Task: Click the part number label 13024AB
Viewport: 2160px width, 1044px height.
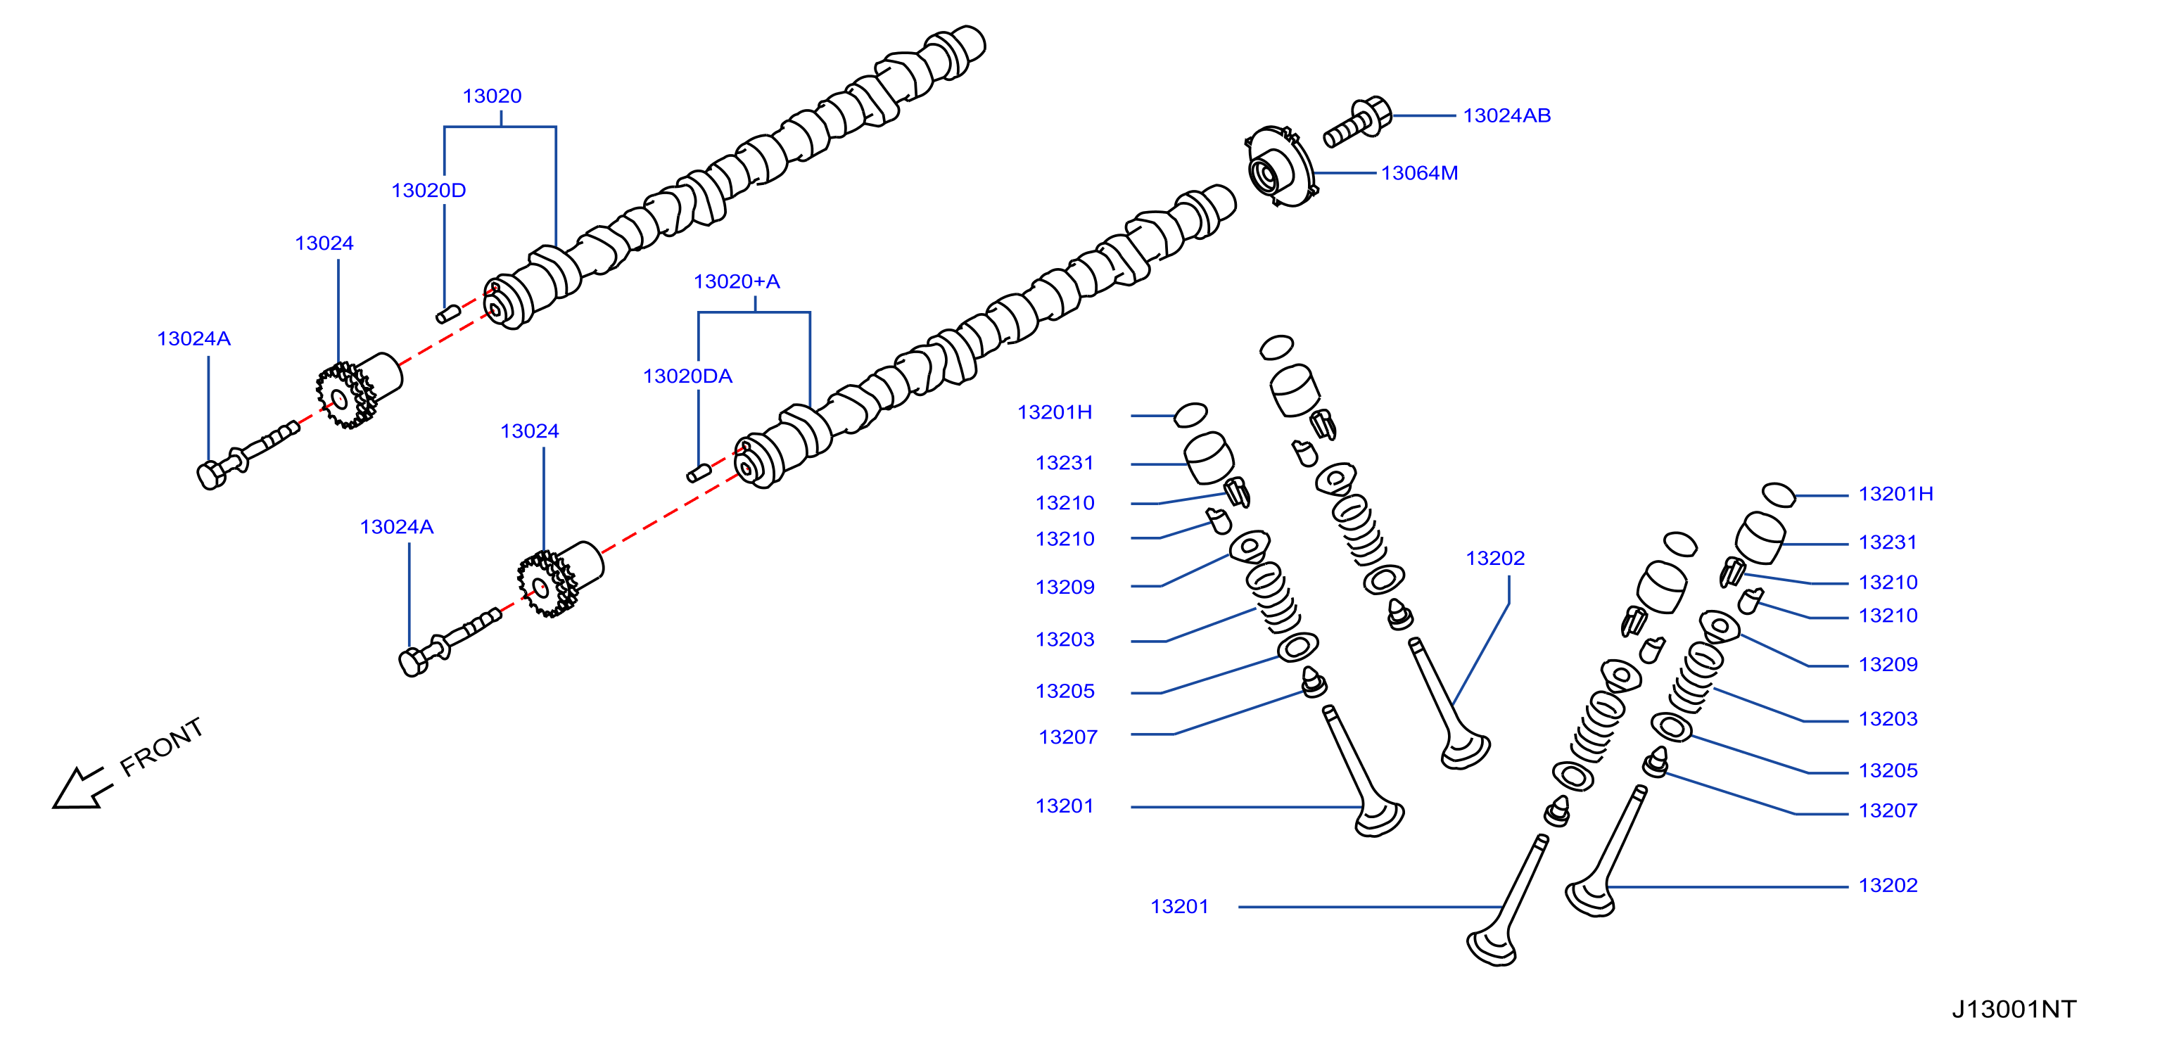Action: tap(1507, 115)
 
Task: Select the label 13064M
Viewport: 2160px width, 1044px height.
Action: tap(1420, 174)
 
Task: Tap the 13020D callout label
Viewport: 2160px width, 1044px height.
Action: tap(428, 191)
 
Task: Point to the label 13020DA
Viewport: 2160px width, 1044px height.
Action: tap(687, 376)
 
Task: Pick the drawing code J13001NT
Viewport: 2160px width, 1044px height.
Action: tap(2014, 1009)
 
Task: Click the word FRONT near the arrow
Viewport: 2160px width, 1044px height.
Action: tap(161, 746)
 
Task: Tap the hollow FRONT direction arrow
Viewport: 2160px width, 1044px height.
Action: tap(82, 788)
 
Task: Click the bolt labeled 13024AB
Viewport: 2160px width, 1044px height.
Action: tap(1357, 122)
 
